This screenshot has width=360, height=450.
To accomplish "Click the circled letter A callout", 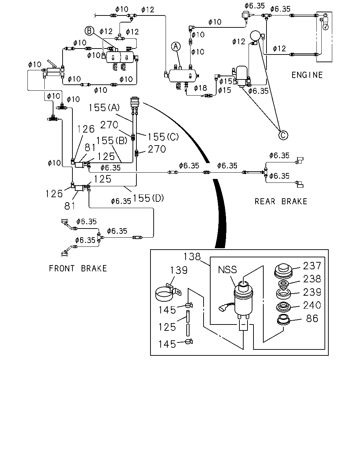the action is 176,46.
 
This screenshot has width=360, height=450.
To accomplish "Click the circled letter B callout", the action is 89,31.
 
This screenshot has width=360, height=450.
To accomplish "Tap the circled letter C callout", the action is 283,135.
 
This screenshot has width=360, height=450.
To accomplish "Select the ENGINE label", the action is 307,75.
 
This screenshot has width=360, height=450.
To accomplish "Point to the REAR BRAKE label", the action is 281,201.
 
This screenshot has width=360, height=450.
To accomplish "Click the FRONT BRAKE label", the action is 78,268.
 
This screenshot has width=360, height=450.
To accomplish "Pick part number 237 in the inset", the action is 312,266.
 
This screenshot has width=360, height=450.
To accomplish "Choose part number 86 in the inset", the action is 312,319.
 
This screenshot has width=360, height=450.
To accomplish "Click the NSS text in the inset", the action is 227,270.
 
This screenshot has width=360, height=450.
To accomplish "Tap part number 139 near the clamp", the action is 179,270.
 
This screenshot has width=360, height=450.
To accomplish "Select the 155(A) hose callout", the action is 104,108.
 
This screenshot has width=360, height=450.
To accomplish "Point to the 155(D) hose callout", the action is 148,198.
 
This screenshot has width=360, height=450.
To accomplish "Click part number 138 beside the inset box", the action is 192,257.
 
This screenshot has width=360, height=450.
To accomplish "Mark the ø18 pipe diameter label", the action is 200,88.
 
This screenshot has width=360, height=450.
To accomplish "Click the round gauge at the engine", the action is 326,27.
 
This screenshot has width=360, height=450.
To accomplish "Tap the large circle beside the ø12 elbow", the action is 255,36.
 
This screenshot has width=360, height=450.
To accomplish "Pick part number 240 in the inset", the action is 312,305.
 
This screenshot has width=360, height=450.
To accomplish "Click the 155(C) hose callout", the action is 163,137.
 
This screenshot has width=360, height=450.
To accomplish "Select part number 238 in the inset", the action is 312,279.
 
